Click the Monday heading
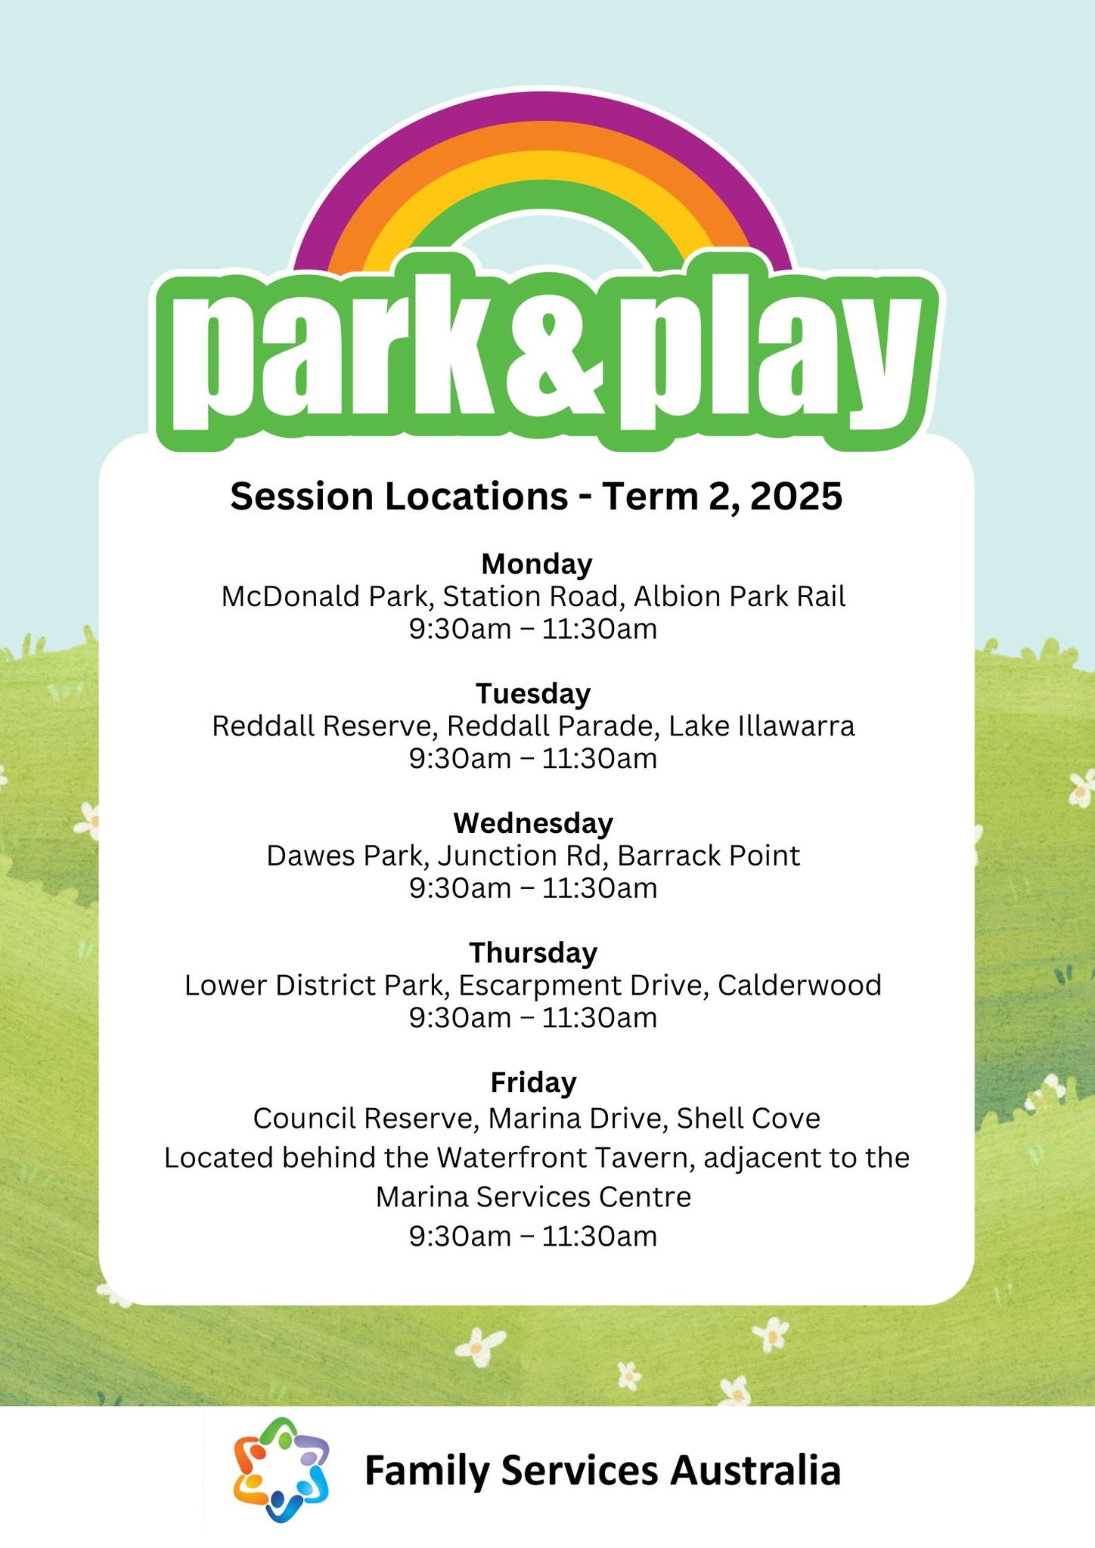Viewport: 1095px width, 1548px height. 537,564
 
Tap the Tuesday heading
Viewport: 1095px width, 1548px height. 533,693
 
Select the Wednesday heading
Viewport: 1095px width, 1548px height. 533,822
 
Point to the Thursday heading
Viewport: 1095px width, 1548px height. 533,952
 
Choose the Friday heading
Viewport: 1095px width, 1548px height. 533,1082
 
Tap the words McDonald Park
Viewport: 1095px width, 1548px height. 324,597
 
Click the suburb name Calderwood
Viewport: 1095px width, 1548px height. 799,985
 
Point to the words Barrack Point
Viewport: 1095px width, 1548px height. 708,856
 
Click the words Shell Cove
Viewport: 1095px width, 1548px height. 748,1118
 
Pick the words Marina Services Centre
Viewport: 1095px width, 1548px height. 533,1197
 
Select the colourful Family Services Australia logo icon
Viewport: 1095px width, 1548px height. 281,1470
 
